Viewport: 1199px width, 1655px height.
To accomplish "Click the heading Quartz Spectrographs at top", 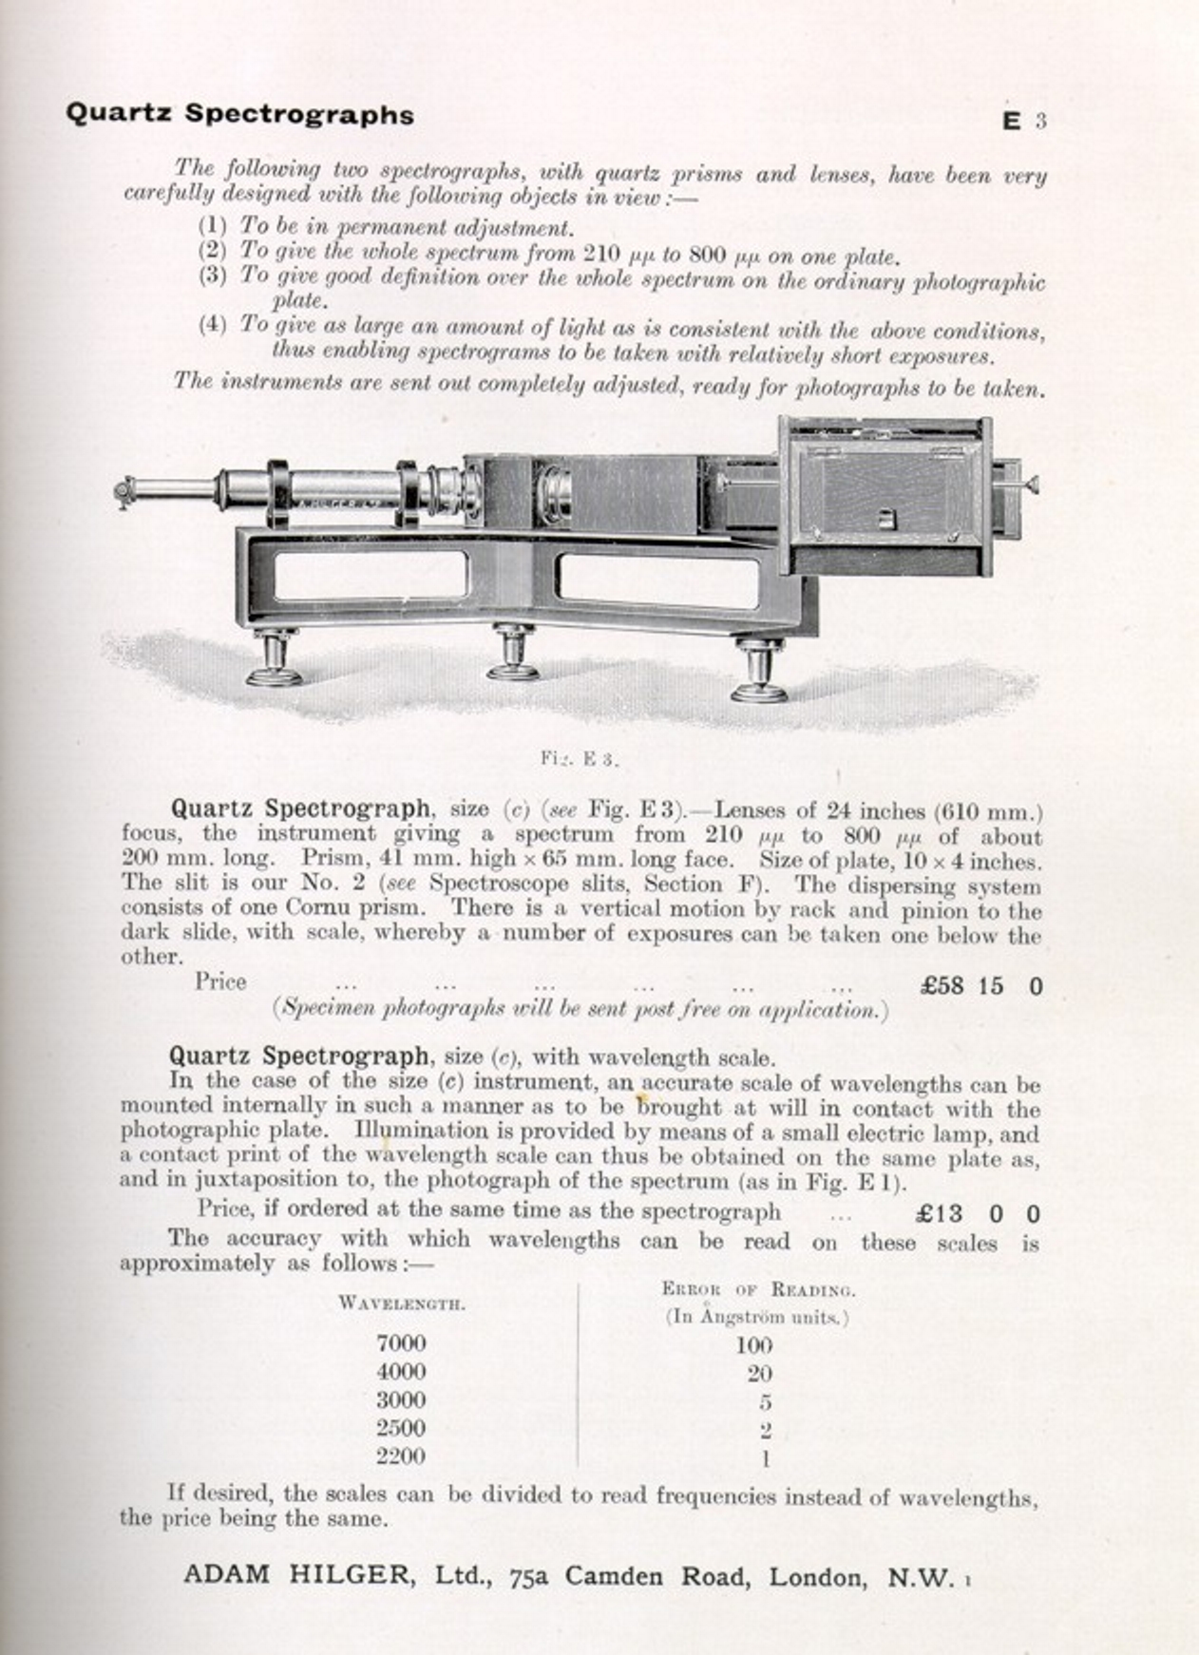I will click(x=239, y=114).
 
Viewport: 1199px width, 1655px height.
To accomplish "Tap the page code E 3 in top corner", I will click(x=1024, y=122).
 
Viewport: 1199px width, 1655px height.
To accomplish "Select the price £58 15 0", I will click(x=980, y=985).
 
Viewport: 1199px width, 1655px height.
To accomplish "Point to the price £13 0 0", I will click(x=978, y=1213).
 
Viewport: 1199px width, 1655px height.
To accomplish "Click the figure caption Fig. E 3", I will click(x=580, y=758).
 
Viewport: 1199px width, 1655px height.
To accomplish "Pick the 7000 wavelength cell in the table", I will click(x=401, y=1343).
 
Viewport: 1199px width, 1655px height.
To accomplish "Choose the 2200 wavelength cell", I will click(x=401, y=1455).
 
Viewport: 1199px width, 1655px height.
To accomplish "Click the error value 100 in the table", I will click(x=753, y=1345).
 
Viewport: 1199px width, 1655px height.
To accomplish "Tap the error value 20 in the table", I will click(x=759, y=1373).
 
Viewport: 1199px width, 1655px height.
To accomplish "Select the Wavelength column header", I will click(x=401, y=1303).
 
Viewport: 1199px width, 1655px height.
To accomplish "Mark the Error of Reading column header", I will click(x=758, y=1289).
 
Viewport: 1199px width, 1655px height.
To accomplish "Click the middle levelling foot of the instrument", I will click(x=513, y=656).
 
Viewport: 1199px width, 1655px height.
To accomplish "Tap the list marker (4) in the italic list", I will click(x=212, y=325).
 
